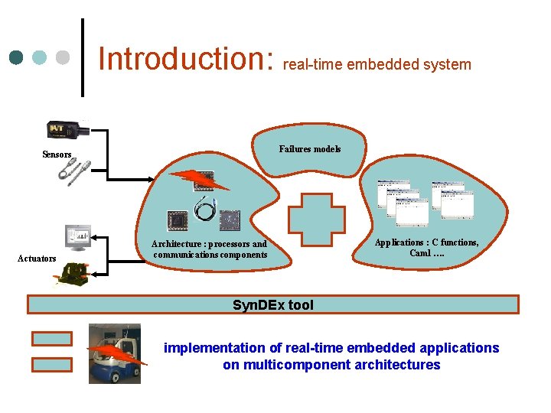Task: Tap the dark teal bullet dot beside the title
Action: pyautogui.click(x=18, y=58)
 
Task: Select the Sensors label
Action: pyautogui.click(x=57, y=154)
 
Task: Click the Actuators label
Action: pyautogui.click(x=37, y=259)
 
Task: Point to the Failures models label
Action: pyautogui.click(x=310, y=149)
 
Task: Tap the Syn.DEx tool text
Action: pyautogui.click(x=273, y=305)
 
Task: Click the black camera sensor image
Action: pyautogui.click(x=68, y=131)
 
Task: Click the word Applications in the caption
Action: pyautogui.click(x=398, y=242)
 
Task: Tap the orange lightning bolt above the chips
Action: pyautogui.click(x=199, y=179)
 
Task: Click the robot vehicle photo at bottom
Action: pyautogui.click(x=116, y=353)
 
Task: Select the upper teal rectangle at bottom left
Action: pyautogui.click(x=52, y=337)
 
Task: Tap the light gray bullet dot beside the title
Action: pyautogui.click(x=64, y=58)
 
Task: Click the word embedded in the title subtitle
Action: pyautogui.click(x=377, y=64)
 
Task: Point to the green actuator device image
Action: pyautogui.click(x=75, y=273)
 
